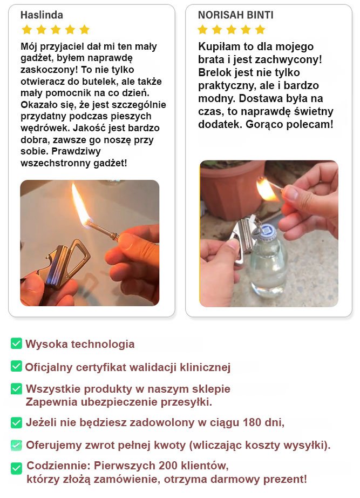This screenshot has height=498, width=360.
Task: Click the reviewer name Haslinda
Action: coord(42,15)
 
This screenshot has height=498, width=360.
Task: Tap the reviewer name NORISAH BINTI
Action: coord(235,15)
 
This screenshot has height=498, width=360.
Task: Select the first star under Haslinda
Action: coord(26,30)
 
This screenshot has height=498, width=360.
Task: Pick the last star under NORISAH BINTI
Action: coord(260,30)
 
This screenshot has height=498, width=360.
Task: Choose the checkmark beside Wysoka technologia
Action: coord(16,344)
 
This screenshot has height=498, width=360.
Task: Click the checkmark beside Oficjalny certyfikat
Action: coord(16,366)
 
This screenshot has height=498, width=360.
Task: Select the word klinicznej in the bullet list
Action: coord(205,367)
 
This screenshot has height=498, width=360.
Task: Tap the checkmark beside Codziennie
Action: coord(16,468)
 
